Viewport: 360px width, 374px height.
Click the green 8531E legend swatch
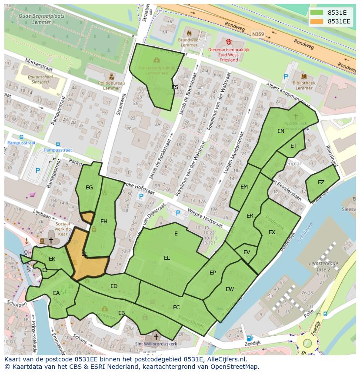317,13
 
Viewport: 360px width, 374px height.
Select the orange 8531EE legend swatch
317,21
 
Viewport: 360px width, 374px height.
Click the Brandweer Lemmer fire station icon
189,33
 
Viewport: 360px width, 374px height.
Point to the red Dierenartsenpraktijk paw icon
229,42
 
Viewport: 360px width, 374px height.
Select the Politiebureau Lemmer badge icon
112,76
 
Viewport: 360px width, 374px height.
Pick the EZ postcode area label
321,182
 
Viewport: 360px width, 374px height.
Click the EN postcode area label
281,131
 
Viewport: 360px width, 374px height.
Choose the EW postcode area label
230,289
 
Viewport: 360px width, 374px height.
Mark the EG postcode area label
89,188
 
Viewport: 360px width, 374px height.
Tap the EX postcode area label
272,232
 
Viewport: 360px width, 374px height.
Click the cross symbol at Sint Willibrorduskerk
156,337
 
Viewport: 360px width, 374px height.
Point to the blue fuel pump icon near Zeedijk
249,338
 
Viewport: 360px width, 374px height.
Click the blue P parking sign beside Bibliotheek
285,77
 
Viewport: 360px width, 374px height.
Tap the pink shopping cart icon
32,195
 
